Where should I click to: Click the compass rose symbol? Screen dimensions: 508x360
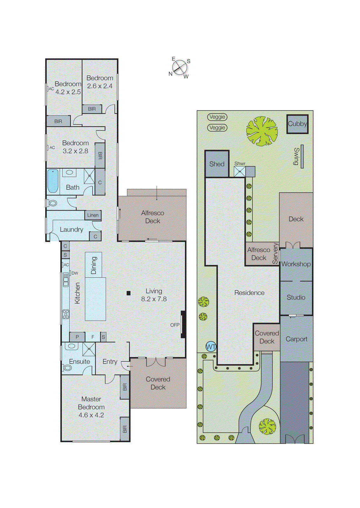click(x=180, y=67)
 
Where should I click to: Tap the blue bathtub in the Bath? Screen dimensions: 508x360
click(x=53, y=181)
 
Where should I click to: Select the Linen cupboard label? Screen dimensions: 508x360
click(x=93, y=215)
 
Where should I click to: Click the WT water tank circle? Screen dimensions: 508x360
click(x=211, y=347)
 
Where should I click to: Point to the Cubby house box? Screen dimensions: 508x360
click(x=297, y=124)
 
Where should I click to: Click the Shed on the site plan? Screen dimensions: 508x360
click(x=217, y=164)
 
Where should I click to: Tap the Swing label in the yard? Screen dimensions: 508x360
click(x=296, y=156)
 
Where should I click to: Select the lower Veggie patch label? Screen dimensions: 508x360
click(x=217, y=128)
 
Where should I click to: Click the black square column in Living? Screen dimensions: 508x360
click(x=128, y=293)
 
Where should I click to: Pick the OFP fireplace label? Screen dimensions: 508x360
click(x=175, y=325)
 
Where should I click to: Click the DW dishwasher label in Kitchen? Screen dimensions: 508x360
click(x=75, y=273)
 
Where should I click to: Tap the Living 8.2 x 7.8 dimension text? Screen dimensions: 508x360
click(x=154, y=299)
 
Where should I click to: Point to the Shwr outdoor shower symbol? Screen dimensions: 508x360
click(x=240, y=172)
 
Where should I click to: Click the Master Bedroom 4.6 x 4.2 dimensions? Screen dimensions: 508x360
click(x=91, y=415)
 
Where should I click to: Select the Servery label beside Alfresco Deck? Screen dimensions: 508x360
click(x=275, y=253)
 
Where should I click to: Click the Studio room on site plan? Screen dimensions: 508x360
click(x=296, y=297)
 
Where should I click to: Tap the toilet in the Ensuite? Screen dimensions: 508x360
click(x=68, y=368)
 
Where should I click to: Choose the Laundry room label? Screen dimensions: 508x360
click(x=71, y=230)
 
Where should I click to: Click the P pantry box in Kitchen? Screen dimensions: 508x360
click(x=77, y=337)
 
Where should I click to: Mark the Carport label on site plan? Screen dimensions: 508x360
click(x=296, y=339)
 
